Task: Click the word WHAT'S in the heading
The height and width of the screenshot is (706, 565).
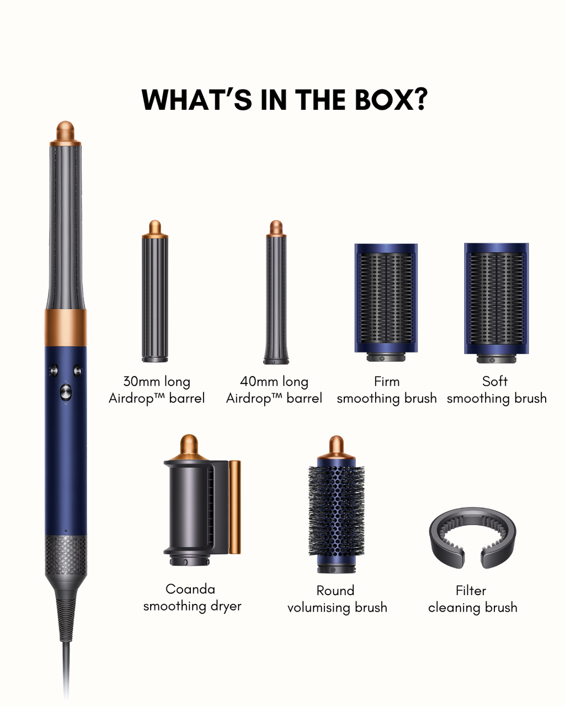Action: click(x=196, y=99)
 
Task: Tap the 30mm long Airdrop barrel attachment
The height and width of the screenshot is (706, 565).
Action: click(x=155, y=291)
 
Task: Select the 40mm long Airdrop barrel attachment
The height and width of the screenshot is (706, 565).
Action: click(x=276, y=292)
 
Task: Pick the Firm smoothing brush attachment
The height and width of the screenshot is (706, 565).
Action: click(x=386, y=302)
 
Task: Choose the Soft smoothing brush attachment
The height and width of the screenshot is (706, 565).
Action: click(x=497, y=303)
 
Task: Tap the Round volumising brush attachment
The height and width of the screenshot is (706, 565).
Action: click(x=336, y=505)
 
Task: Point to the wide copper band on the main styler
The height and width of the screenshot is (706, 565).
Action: click(x=66, y=328)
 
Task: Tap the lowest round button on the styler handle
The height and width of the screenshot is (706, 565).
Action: click(x=66, y=392)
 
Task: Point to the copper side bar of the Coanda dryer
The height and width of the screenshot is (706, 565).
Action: click(x=234, y=507)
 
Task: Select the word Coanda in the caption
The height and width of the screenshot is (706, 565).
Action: click(x=190, y=589)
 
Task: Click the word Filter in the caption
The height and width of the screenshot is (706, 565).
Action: click(x=471, y=591)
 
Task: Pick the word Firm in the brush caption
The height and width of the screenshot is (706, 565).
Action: click(x=387, y=382)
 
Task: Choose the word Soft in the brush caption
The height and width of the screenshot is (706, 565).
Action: click(x=495, y=381)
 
